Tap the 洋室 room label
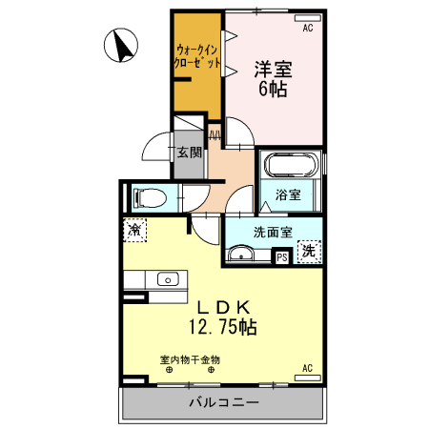(x=273, y=70)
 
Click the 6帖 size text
(x=273, y=90)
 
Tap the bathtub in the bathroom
(x=291, y=166)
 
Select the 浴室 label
(x=289, y=194)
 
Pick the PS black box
(x=281, y=255)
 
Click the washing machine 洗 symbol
(x=308, y=252)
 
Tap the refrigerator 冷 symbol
(x=136, y=231)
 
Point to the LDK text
(x=224, y=307)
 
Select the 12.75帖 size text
(x=221, y=327)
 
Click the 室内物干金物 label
(x=190, y=359)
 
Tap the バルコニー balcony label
(x=223, y=403)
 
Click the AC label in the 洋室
(x=308, y=29)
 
